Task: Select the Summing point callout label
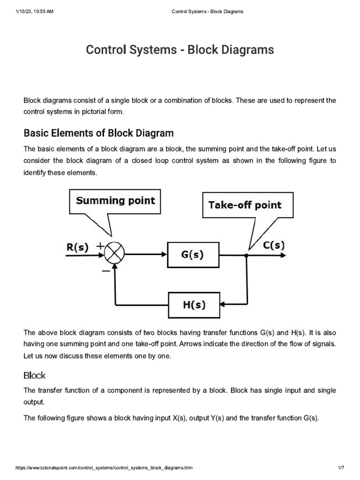click(115, 201)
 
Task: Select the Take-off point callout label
click(245, 205)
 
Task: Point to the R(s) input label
click(77, 247)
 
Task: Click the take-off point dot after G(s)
click(246, 255)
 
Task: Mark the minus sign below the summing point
click(106, 270)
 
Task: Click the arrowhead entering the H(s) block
click(222, 304)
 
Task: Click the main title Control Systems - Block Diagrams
click(180, 50)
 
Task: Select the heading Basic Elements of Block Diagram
click(98, 133)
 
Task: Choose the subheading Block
click(34, 375)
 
